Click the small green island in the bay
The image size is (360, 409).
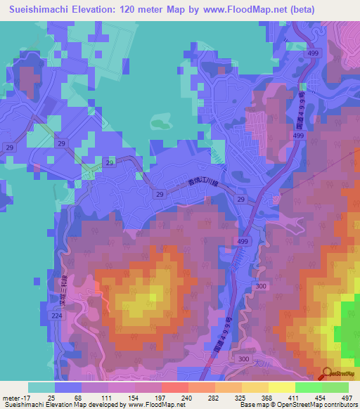coord(162,126)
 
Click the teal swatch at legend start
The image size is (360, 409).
coord(41,387)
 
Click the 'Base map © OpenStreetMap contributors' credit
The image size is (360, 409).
coord(297,405)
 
